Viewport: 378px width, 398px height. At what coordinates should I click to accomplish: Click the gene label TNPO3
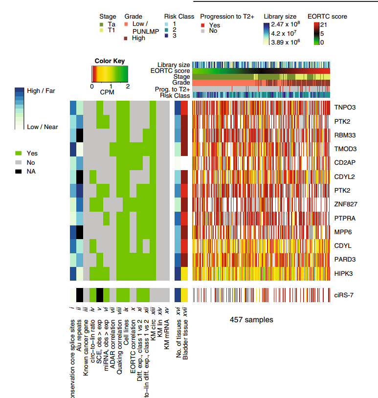344,107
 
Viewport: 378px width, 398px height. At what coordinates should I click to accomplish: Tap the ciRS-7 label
344,295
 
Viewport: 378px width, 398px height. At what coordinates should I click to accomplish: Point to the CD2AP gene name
344,162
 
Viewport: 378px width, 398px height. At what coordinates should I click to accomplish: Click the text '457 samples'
251,320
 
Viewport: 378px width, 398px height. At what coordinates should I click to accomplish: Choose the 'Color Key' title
110,61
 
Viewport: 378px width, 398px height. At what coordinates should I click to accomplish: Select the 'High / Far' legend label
42,91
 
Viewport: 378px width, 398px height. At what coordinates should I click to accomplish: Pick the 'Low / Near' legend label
43,127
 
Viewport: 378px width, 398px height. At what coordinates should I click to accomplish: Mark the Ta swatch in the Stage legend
102,24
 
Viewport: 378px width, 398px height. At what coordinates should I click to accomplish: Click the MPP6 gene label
342,232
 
